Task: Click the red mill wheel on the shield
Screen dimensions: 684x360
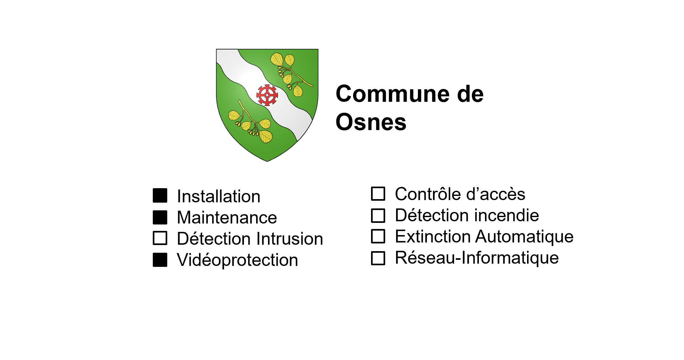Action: [x=267, y=95]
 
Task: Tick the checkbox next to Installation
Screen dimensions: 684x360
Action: [x=160, y=196]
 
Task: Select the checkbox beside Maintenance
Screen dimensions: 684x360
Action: [x=160, y=217]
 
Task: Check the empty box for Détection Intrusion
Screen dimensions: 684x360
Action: [x=160, y=238]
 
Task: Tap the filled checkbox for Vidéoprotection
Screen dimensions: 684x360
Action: [x=160, y=260]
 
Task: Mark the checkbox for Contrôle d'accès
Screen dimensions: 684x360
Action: [x=378, y=194]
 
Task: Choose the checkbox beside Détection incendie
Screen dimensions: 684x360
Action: [x=378, y=215]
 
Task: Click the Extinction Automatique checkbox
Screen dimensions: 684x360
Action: [x=378, y=236]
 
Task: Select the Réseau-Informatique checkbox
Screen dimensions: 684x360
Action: [x=378, y=258]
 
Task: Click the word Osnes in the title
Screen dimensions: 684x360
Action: [x=371, y=122]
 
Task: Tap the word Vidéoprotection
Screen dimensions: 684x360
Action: [x=238, y=260]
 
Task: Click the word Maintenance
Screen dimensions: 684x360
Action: [x=227, y=217]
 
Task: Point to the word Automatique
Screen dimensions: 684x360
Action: [x=524, y=237]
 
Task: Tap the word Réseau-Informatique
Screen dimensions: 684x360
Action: [x=477, y=258]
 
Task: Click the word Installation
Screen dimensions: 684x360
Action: [x=219, y=196]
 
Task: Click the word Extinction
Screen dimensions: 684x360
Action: [x=433, y=237]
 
